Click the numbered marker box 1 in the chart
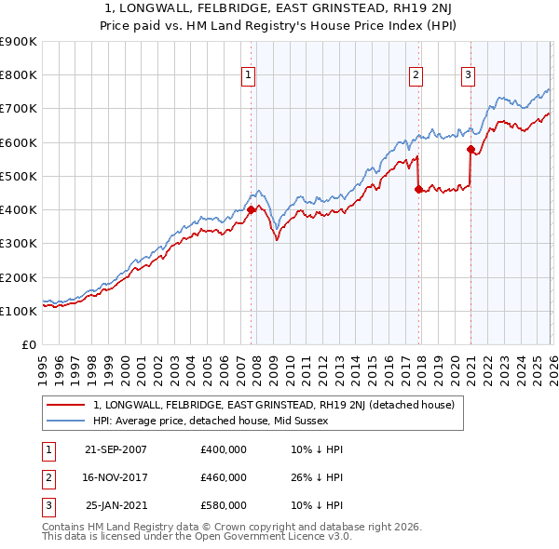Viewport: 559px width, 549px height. (250, 76)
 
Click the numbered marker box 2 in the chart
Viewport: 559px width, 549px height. (416, 76)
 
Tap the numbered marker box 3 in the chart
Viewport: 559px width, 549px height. (468, 76)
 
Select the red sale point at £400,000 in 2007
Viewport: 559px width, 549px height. (251, 209)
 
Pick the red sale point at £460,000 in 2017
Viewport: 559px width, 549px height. (417, 189)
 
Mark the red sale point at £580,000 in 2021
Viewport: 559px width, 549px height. (470, 149)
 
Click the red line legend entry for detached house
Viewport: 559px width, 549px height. (273, 405)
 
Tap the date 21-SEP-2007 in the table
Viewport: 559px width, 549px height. (116, 449)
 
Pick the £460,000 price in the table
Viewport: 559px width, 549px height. (224, 477)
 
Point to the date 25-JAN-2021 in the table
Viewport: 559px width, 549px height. (116, 505)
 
